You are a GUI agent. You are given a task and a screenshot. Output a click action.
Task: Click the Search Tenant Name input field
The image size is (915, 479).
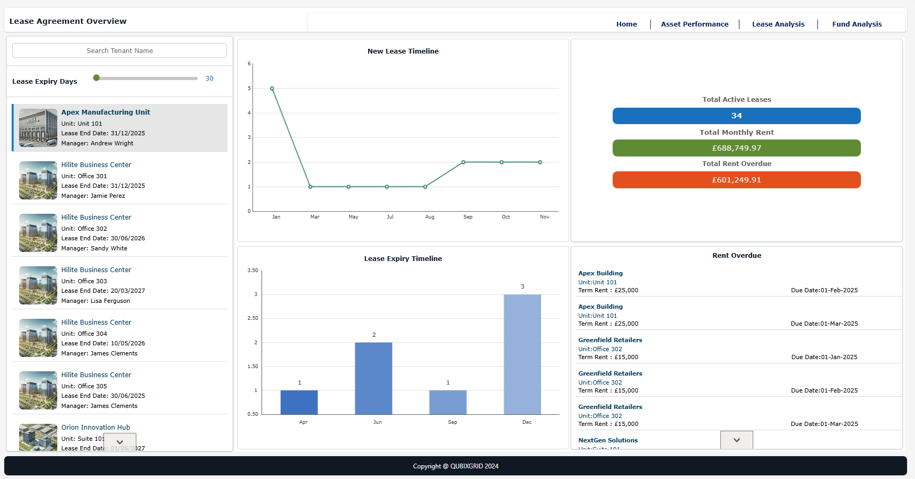click(119, 50)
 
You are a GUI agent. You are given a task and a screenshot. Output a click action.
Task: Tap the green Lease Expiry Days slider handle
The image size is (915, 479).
click(96, 78)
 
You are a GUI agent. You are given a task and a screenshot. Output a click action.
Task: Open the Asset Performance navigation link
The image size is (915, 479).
click(694, 24)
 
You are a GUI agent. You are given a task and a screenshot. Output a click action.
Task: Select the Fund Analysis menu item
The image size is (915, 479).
click(857, 24)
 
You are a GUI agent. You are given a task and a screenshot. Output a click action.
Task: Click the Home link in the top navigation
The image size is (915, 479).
click(626, 24)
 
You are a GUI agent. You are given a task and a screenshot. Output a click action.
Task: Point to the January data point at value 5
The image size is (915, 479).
click(272, 89)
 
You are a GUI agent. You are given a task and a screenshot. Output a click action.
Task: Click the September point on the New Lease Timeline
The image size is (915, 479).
click(464, 162)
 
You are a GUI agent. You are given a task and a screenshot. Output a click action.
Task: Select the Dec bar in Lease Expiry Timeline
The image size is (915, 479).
click(522, 354)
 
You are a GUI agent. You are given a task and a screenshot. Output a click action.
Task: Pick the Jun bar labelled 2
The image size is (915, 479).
click(373, 378)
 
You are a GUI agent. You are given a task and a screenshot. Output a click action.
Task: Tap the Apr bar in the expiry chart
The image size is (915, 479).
click(299, 402)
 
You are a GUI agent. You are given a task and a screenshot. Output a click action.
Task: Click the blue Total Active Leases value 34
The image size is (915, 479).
click(736, 116)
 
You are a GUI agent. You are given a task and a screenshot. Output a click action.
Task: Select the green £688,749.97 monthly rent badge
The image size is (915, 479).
click(736, 148)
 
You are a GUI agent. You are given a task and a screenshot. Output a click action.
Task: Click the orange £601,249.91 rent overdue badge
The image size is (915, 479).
click(736, 180)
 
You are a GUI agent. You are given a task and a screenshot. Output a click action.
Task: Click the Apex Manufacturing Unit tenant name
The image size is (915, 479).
click(106, 112)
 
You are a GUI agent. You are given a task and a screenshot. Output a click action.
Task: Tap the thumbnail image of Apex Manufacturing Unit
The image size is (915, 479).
click(38, 128)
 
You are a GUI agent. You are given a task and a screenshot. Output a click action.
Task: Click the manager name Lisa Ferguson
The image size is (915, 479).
click(110, 301)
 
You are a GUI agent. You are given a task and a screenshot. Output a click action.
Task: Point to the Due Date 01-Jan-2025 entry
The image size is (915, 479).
click(824, 357)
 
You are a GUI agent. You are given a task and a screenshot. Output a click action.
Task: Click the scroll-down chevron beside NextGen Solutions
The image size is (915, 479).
click(736, 440)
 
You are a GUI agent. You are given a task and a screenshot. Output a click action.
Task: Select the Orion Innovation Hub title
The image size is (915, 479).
click(95, 427)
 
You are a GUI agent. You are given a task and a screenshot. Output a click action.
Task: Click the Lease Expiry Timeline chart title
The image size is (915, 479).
click(403, 258)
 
